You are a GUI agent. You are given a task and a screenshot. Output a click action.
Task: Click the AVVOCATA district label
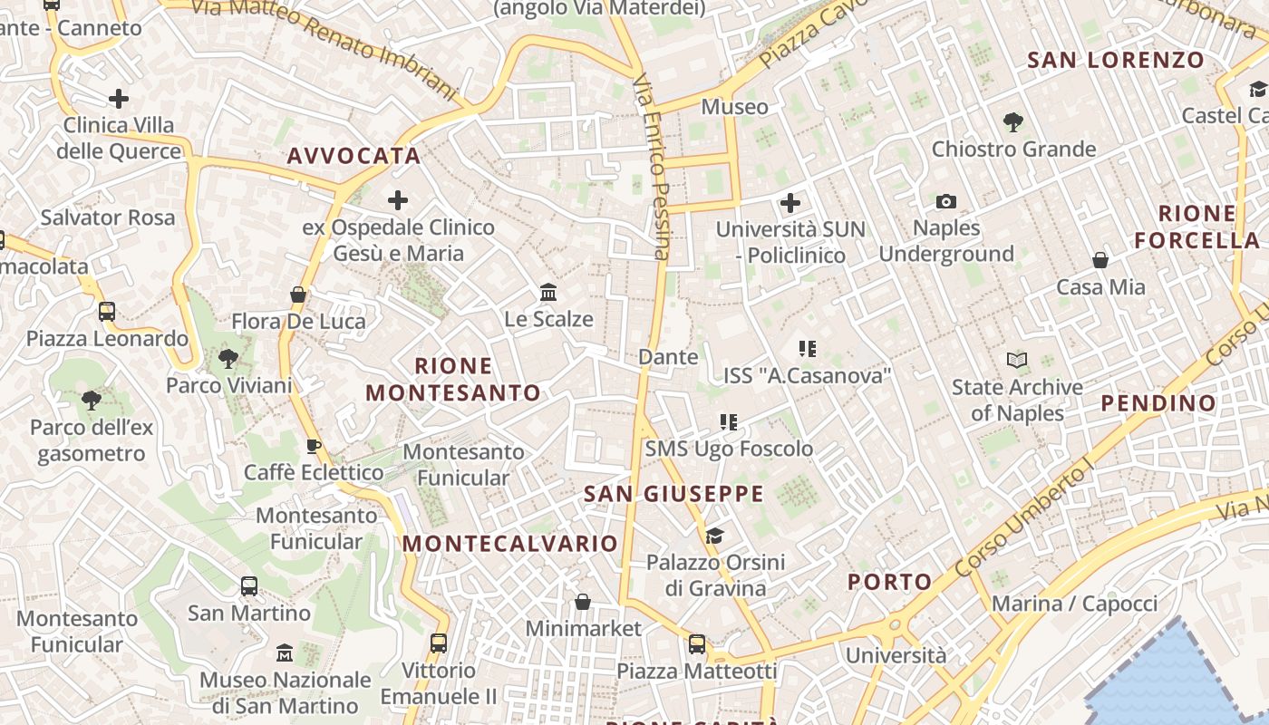pyautogui.click(x=354, y=156)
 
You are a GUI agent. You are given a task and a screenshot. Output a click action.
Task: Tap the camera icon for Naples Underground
pyautogui.click(x=946, y=201)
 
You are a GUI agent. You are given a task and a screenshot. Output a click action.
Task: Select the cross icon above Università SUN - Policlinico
pyautogui.click(x=790, y=202)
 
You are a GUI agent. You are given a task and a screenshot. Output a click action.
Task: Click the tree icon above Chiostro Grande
pyautogui.click(x=1013, y=121)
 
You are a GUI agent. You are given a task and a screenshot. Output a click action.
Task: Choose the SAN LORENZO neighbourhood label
pyautogui.click(x=1116, y=61)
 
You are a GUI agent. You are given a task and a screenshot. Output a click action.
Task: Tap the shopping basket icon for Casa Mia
pyautogui.click(x=1100, y=261)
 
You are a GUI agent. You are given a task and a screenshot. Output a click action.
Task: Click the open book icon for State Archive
pyautogui.click(x=1017, y=361)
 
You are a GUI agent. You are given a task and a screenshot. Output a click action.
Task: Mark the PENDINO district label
pyautogui.click(x=1158, y=403)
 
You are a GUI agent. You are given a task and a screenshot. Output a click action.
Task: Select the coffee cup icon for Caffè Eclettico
pyautogui.click(x=314, y=446)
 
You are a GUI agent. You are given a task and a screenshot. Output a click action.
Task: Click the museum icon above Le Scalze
pyautogui.click(x=548, y=293)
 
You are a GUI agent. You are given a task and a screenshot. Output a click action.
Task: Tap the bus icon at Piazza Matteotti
pyautogui.click(x=697, y=644)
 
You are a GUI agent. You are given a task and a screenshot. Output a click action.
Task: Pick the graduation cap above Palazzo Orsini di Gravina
pyautogui.click(x=714, y=536)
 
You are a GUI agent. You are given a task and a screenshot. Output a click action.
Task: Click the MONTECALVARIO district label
pyautogui.click(x=510, y=544)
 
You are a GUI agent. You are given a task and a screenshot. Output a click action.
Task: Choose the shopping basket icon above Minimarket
pyautogui.click(x=583, y=602)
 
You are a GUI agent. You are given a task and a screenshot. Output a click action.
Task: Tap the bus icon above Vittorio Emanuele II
pyautogui.click(x=439, y=643)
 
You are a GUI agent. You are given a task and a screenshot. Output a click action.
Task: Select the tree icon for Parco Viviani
pyautogui.click(x=228, y=359)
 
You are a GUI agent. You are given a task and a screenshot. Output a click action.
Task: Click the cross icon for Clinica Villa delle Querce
pyautogui.click(x=119, y=99)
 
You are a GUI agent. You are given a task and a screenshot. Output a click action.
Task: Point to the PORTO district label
pyautogui.click(x=890, y=582)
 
